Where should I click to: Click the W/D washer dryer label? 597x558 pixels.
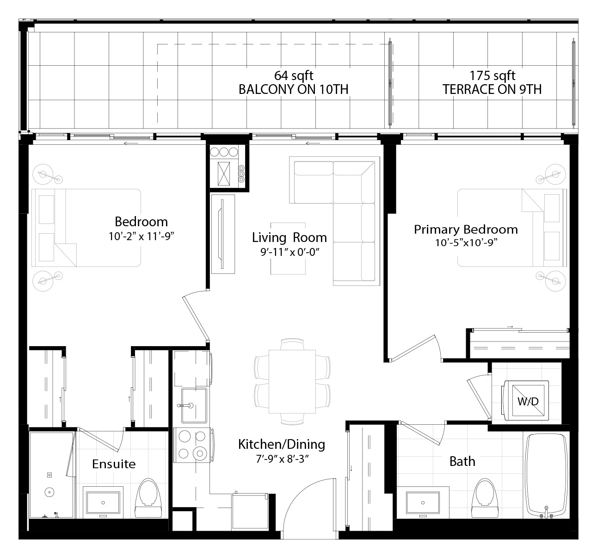[528, 401]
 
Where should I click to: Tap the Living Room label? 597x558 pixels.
[289, 237]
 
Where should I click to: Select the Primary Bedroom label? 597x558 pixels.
[466, 229]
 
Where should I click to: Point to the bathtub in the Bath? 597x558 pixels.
[546, 475]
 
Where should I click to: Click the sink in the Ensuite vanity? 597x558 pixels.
[103, 502]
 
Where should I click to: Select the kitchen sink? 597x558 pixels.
[194, 405]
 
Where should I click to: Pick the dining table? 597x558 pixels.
[292, 381]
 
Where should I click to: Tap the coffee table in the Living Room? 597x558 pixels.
[288, 248]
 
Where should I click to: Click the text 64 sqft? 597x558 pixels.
[294, 75]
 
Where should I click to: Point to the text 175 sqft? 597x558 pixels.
[492, 75]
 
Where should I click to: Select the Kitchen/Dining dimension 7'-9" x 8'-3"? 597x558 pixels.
[283, 459]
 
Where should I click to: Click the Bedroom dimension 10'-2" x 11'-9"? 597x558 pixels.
[142, 236]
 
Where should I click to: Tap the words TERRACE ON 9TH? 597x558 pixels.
[492, 89]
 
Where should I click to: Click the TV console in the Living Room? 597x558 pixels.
[223, 234]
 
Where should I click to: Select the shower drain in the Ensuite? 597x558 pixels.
[49, 492]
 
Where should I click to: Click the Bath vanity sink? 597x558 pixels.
[423, 502]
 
